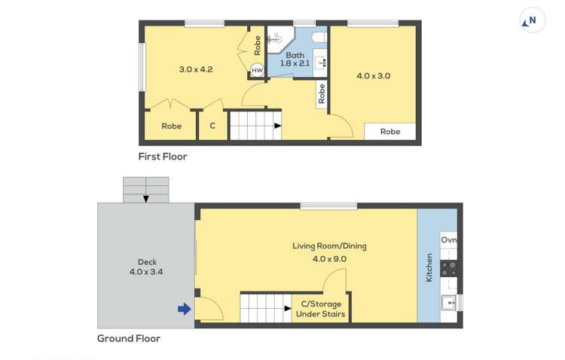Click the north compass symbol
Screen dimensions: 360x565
pyautogui.click(x=532, y=21)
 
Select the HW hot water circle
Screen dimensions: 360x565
pyautogui.click(x=257, y=70)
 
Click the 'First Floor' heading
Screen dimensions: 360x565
pyautogui.click(x=162, y=157)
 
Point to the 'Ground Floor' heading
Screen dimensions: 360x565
pyautogui.click(x=129, y=338)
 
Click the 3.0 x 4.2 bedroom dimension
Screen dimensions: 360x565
pyautogui.click(x=196, y=69)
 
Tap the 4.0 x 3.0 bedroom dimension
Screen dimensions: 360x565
pyautogui.click(x=373, y=75)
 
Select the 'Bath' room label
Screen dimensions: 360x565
pyautogui.click(x=295, y=55)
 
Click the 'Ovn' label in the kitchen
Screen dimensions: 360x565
pyautogui.click(x=449, y=240)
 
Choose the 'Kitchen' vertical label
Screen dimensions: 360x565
pyautogui.click(x=429, y=267)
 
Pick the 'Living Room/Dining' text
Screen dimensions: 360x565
pyautogui.click(x=330, y=246)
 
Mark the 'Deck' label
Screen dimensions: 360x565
pyautogui.click(x=136, y=262)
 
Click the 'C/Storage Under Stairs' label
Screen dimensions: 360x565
pyautogui.click(x=321, y=309)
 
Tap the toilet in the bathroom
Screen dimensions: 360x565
pyautogui.click(x=319, y=37)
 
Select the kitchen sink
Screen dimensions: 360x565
pyautogui.click(x=450, y=303)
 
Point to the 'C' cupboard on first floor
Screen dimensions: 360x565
pyautogui.click(x=212, y=126)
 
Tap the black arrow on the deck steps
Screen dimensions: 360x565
pyautogui.click(x=146, y=197)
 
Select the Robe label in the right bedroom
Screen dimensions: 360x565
pyautogui.click(x=390, y=132)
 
